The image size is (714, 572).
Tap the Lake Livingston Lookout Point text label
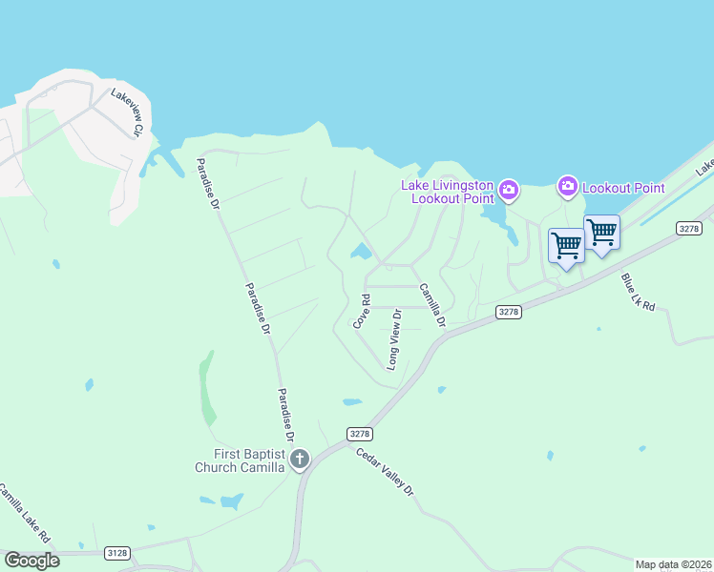[447, 192]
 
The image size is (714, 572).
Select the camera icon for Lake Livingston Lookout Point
[509, 191]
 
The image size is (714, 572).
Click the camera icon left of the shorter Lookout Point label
[568, 185]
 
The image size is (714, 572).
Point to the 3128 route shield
[117, 552]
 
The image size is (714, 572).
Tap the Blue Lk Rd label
[639, 293]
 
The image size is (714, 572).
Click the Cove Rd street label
[361, 312]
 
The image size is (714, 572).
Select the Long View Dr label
[394, 339]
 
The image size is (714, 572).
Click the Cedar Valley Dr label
[386, 472]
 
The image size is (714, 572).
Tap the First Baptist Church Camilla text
[240, 460]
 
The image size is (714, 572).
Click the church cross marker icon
[300, 460]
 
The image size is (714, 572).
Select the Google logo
[31, 560]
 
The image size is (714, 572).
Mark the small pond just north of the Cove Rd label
[360, 252]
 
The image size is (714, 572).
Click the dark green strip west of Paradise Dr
[206, 388]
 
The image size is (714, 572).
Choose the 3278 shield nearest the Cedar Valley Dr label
[359, 433]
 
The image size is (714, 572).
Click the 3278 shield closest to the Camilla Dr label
[509, 312]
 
